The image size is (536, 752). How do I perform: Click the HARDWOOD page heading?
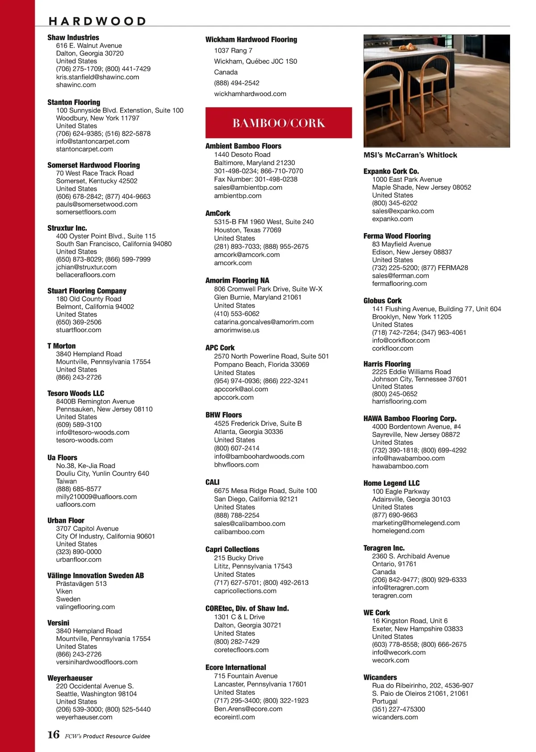pos(97,21)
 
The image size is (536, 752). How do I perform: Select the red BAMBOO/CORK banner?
pos(278,123)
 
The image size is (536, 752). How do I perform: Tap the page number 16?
pos(53,735)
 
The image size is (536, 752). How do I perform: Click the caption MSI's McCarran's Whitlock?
pos(410,155)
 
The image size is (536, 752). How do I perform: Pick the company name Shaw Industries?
pos(73,38)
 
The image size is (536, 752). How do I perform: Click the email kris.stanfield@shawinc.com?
pos(97,77)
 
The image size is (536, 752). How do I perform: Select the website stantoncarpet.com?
pos(84,149)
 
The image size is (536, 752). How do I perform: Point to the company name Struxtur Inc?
pos(67,228)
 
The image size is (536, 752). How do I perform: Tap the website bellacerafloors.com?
pos(85,275)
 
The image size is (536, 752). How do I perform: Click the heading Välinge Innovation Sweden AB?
pos(96,576)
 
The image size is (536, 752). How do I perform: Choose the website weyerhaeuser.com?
pos(84,717)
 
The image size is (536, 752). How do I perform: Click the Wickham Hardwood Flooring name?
pos(251,39)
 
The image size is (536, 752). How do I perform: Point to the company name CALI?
pos(212,482)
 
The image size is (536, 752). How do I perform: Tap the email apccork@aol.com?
pos(241,389)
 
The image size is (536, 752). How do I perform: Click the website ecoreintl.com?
pos(234,717)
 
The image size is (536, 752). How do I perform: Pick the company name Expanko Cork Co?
pos(391,171)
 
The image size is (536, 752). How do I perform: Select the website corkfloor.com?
pos(393,348)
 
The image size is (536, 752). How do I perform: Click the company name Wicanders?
pos(380,677)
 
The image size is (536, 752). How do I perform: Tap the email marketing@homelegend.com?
pos(415,523)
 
